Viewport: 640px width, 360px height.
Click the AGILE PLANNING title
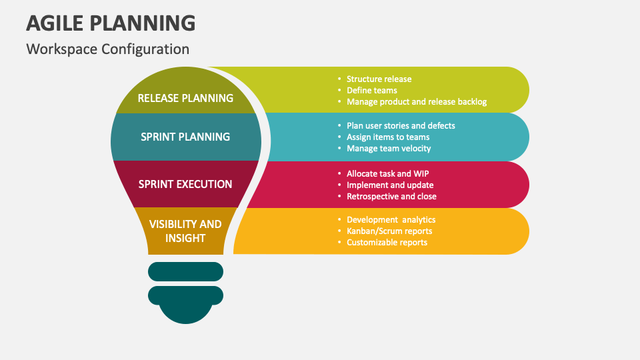(111, 23)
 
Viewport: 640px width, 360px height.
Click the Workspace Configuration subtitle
(107, 49)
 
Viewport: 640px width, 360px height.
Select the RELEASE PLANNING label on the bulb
(185, 98)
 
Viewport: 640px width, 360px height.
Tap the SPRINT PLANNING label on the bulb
(185, 137)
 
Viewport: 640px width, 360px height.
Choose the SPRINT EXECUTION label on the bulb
(185, 184)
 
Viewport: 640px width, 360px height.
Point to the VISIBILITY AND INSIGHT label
(185, 231)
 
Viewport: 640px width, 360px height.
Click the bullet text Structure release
(379, 79)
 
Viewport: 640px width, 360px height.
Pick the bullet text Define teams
(371, 91)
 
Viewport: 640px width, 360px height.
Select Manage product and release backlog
(417, 102)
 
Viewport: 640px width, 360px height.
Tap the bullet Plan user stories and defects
(401, 125)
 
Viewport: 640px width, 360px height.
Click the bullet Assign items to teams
(388, 137)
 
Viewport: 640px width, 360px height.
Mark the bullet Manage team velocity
(389, 148)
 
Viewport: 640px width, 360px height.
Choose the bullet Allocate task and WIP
(388, 173)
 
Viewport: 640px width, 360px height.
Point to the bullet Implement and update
(390, 185)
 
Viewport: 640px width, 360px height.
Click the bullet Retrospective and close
(391, 196)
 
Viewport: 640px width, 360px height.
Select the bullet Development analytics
(391, 219)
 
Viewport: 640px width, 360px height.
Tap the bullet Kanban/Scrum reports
(389, 231)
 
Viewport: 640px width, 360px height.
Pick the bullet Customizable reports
(387, 242)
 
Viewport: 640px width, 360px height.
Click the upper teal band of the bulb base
(185, 271)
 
